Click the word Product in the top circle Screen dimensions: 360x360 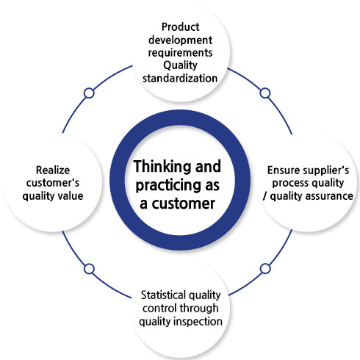180,27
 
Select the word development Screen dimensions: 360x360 180,40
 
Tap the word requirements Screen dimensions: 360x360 180,53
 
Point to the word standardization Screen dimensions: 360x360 180,79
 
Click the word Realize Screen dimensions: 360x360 53,170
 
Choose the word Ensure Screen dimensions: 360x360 281,170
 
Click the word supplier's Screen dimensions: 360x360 323,171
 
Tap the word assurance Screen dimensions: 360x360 329,196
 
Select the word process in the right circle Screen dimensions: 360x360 288,184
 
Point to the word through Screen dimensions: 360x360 199,309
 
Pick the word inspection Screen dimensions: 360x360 198,322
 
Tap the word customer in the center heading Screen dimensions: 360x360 184,204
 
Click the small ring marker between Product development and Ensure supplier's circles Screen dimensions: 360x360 265,93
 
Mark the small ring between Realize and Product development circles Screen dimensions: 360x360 89,93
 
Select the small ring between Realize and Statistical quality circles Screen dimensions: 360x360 89,269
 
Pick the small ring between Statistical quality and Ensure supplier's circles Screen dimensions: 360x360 265,269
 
